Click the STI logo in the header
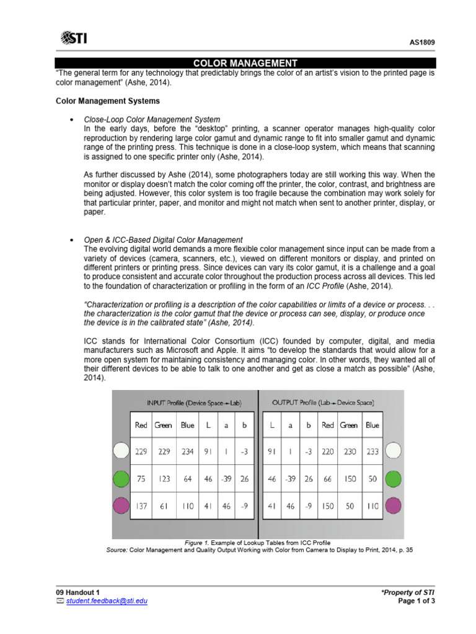click(74, 39)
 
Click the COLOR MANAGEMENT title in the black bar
click(245, 63)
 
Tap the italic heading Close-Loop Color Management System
click(152, 119)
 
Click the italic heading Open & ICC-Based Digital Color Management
click(164, 240)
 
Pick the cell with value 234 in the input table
click(187, 452)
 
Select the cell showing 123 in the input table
click(163, 479)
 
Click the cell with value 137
click(141, 506)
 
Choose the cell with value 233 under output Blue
click(372, 452)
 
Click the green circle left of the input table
click(120, 479)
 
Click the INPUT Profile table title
click(193, 402)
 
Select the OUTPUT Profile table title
click(323, 402)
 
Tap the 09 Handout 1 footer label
click(77, 592)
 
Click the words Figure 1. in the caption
click(198, 542)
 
